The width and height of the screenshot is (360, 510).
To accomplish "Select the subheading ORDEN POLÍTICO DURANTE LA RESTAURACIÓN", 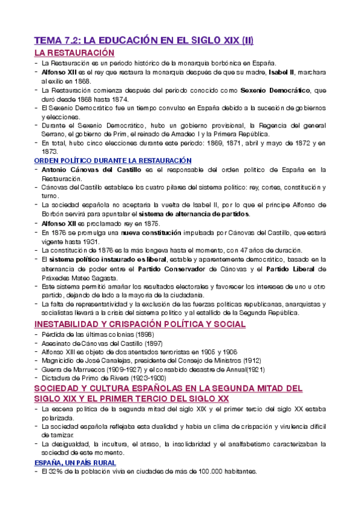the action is click(112, 161).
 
